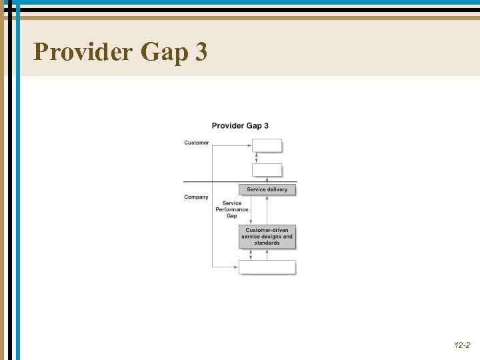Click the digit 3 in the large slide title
(201, 51)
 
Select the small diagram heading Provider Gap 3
(240, 126)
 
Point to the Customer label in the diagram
(197, 143)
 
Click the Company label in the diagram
(196, 197)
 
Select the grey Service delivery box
(267, 190)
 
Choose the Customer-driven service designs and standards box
(267, 237)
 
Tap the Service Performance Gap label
(232, 209)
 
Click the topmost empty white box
(267, 145)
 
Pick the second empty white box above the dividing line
(267, 169)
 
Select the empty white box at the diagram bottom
(267, 267)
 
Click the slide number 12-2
(462, 345)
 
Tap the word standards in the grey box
(267, 243)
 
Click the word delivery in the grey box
(277, 190)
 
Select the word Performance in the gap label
(232, 209)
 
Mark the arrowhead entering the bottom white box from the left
(236, 267)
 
